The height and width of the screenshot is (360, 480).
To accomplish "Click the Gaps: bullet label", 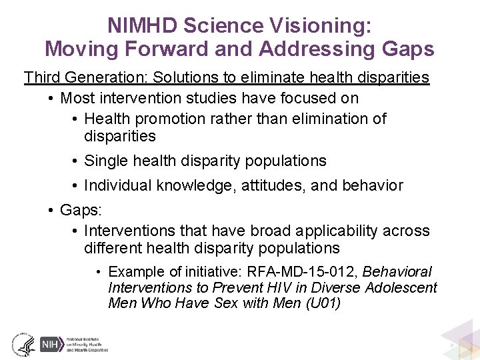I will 81,210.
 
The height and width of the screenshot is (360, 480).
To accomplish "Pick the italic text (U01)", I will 323,303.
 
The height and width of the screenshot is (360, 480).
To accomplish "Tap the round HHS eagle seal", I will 23,344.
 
